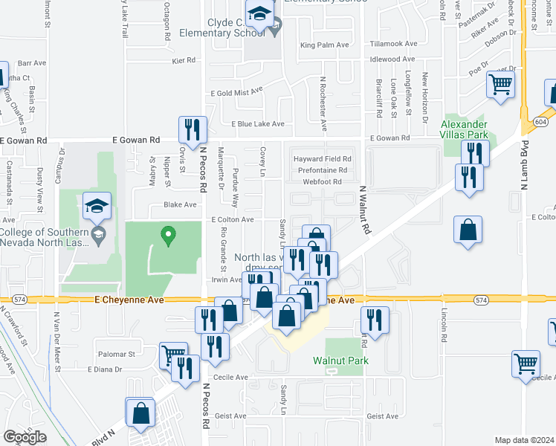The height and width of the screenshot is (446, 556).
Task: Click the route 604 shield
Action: [540, 120]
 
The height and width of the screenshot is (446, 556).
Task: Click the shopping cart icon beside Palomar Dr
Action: [173, 355]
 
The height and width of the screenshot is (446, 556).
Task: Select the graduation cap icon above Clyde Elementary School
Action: [260, 13]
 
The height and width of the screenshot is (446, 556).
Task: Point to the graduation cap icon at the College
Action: [97, 207]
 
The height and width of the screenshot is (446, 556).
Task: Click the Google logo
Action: [25, 437]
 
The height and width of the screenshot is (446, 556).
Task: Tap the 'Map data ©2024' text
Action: [524, 440]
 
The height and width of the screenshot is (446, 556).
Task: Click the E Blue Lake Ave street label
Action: [258, 124]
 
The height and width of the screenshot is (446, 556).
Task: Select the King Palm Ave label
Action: [324, 45]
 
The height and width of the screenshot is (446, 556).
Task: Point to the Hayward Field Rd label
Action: [322, 159]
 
